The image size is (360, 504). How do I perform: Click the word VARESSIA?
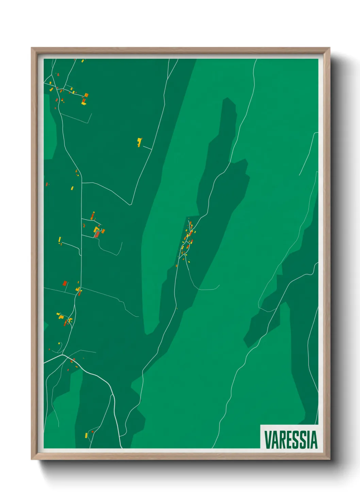(291, 440)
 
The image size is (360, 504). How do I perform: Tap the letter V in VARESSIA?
(267, 440)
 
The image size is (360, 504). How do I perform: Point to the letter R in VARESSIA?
(281, 440)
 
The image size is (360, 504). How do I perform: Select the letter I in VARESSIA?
(308, 440)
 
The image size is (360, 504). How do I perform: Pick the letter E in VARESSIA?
(288, 440)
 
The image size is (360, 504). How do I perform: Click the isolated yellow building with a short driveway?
(139, 142)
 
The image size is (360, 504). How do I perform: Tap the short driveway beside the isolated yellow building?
(147, 147)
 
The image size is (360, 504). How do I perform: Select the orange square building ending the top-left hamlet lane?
(86, 95)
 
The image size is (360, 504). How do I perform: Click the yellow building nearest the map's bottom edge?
(86, 435)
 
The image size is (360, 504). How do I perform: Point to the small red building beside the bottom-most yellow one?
(92, 432)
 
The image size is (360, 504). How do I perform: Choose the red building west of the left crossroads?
(65, 283)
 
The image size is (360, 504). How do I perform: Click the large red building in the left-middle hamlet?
(97, 235)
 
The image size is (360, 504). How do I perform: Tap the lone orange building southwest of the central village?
(177, 266)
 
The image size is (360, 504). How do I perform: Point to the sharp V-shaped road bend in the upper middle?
(130, 205)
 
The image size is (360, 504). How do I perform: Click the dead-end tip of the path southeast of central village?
(219, 285)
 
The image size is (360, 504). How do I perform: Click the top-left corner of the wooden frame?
(32, 48)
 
